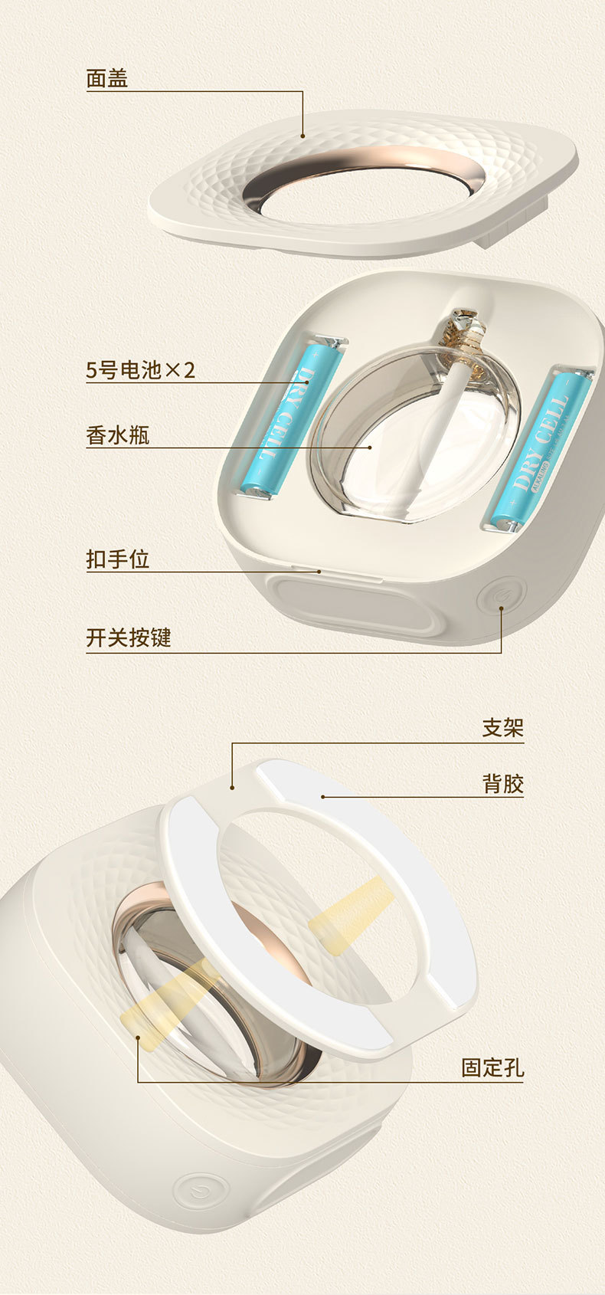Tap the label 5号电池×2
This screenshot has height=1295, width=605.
point(141,371)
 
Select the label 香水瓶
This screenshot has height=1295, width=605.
point(117,436)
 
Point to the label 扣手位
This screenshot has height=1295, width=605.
point(117,559)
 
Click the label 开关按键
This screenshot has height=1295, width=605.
point(129,638)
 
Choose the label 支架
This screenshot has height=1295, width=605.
point(502,728)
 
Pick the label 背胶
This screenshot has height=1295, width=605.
point(502,784)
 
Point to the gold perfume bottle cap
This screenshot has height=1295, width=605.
point(464,333)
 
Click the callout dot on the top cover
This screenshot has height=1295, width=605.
point(302,136)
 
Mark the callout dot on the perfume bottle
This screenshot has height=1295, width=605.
point(370,447)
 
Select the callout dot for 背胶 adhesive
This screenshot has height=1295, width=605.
point(323,797)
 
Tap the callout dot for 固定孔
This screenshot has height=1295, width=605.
point(139,1038)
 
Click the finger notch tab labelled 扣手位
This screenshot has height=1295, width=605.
point(310,570)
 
